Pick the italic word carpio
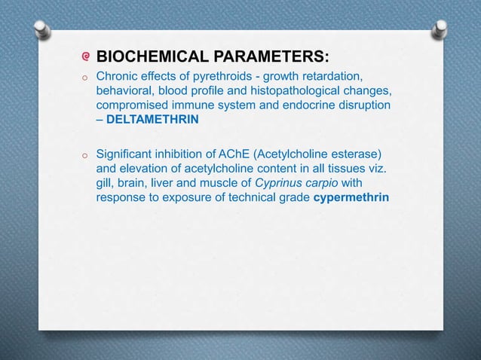pos(329,185)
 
